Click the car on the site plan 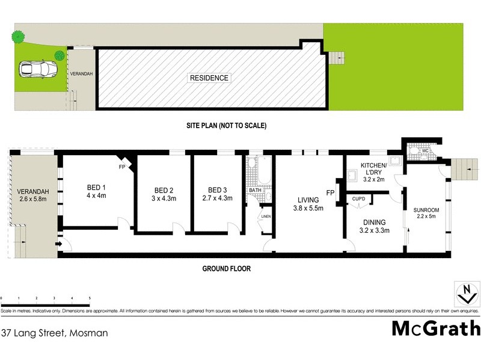pos(34,70)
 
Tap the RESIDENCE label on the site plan pos(209,78)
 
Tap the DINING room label pos(374,225)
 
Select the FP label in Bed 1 pos(122,166)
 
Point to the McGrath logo pos(436,329)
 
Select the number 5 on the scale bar pos(90,298)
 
